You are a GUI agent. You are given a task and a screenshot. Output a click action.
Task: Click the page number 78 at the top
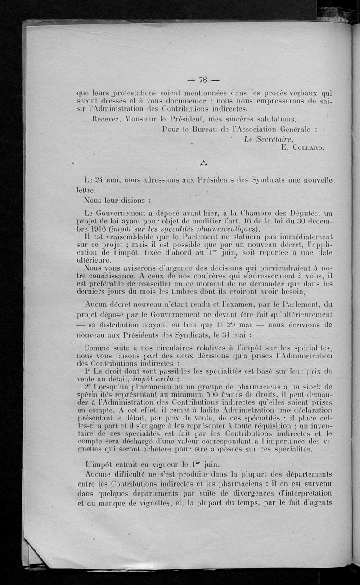pos(202,80)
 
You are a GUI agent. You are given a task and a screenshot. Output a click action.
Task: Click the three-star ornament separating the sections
pos(204,162)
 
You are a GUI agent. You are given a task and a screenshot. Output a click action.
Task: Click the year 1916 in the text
pos(97,228)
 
